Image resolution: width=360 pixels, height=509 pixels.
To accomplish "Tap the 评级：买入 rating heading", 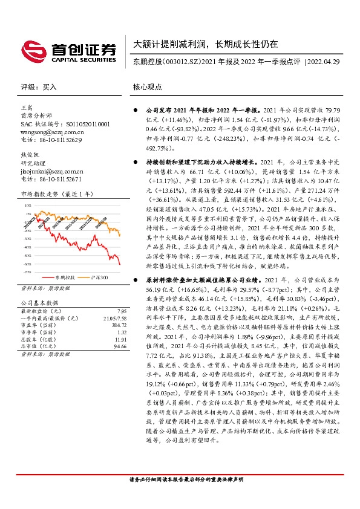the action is [38, 87].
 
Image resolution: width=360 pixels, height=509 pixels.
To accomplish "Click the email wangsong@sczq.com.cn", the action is [51, 131].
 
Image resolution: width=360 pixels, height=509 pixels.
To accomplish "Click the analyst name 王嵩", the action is [26, 107].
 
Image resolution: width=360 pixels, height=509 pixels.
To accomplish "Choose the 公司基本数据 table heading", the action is [40, 302].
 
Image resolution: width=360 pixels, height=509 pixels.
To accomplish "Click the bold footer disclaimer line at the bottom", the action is [186, 496].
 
